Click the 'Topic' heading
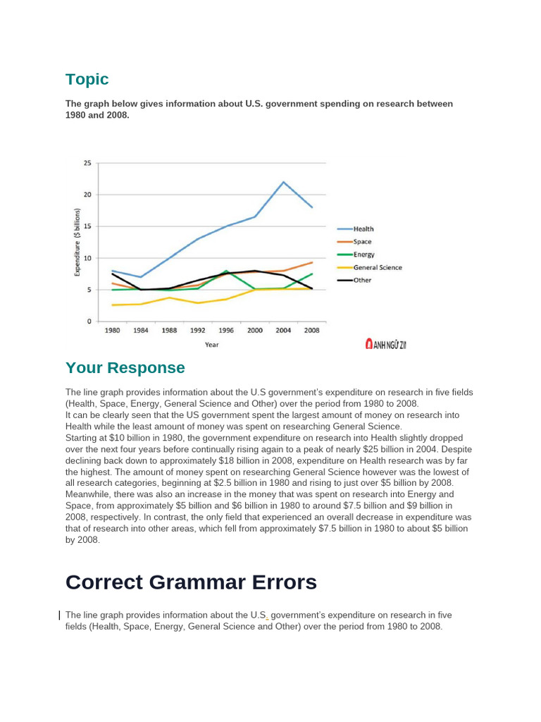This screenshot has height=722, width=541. (87, 79)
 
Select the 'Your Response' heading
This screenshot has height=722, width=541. (125, 367)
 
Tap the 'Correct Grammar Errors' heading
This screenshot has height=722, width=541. (191, 582)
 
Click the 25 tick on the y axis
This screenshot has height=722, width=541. (87, 163)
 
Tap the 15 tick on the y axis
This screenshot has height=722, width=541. (87, 226)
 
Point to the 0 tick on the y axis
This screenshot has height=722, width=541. (89, 322)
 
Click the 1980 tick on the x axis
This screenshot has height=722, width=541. (112, 330)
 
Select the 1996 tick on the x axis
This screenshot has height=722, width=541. (225, 330)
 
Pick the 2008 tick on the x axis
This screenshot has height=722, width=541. (311, 330)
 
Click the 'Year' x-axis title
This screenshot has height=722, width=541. (211, 345)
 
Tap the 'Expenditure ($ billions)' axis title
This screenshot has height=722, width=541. (78, 243)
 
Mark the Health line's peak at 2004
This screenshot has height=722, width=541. (283, 182)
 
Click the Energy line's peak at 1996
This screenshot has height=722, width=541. (226, 271)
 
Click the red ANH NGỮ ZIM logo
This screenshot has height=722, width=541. (385, 344)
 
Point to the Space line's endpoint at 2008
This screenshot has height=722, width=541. (312, 262)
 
